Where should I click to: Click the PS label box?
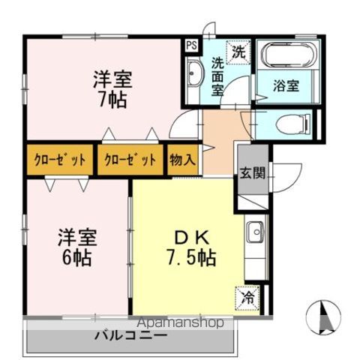point(192,45)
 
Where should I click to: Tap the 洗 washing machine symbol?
point(238,52)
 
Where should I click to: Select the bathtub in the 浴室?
point(289,57)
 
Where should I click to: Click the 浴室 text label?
point(286,85)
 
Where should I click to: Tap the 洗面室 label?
point(217,76)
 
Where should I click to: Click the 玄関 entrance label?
point(251,173)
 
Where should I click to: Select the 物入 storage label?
point(182,159)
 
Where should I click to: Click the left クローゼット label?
point(59,159)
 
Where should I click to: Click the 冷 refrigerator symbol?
point(247,298)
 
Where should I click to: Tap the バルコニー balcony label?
point(130,335)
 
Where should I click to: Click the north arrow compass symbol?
point(324,316)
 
